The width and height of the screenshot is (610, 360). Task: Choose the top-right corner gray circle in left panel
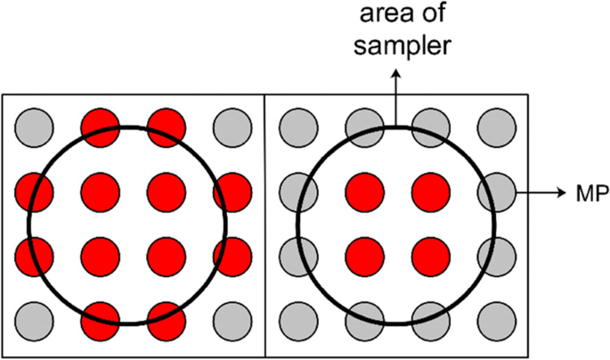coord(232,124)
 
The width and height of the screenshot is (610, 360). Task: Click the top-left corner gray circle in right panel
coord(297,124)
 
